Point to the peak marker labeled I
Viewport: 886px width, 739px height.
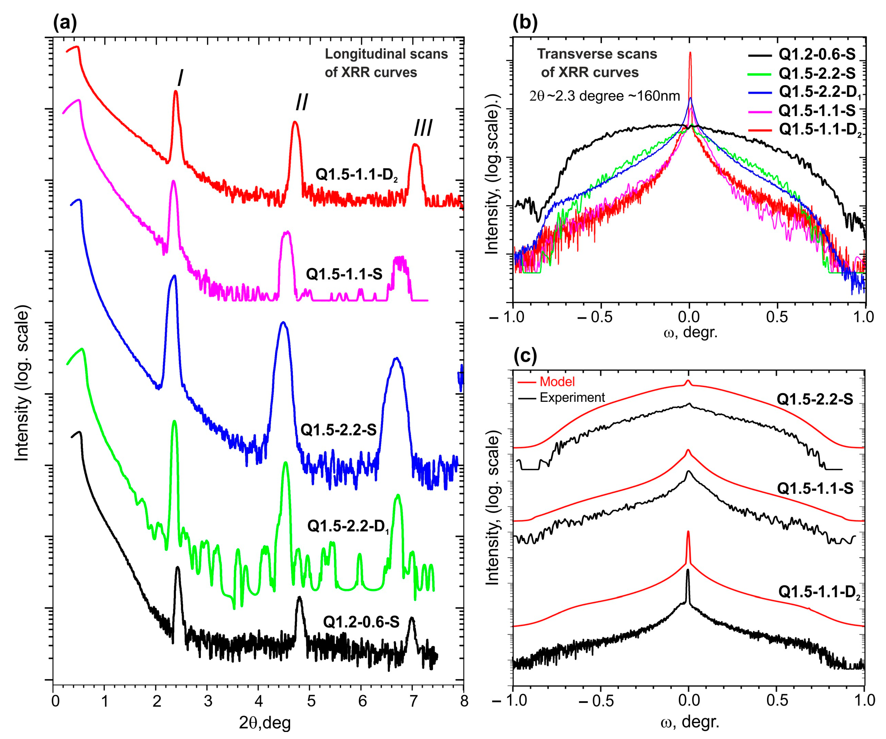tap(180, 78)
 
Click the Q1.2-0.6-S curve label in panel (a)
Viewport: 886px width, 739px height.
tap(361, 622)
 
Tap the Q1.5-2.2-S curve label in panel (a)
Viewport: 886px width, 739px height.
tap(338, 430)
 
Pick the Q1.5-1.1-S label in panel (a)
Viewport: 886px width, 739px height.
tap(344, 274)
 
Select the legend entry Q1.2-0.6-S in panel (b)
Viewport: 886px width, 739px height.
tap(816, 55)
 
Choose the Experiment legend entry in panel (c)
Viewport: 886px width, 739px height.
tap(572, 397)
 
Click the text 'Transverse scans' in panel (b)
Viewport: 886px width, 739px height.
tap(597, 54)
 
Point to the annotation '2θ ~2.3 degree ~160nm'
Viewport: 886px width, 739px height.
tap(604, 96)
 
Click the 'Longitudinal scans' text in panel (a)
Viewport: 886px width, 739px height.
tap(386, 54)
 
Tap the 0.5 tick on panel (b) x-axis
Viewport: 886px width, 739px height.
tap(777, 317)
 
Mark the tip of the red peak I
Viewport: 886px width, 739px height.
tap(176, 91)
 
